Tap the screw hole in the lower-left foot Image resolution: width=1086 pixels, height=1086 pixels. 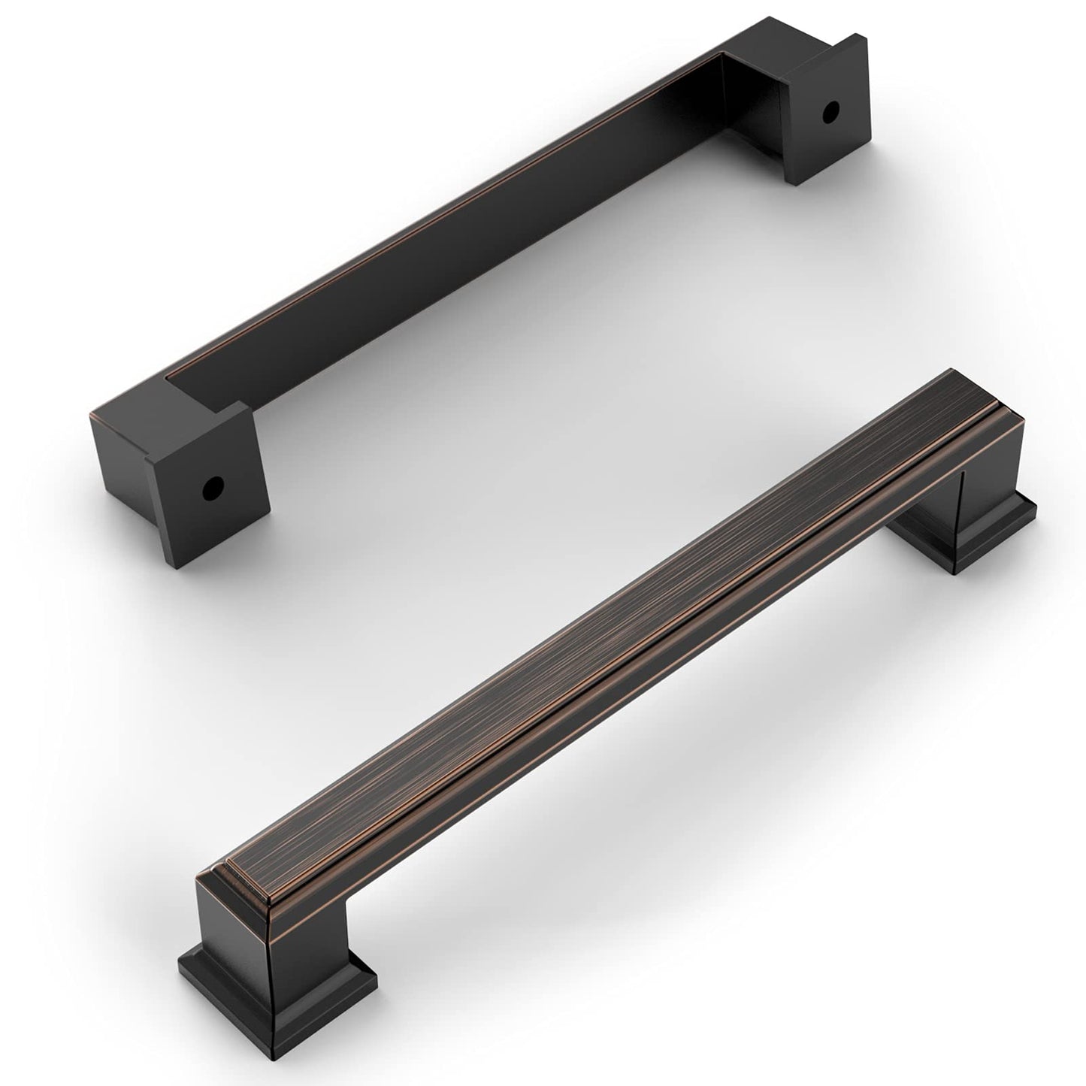(213, 489)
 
